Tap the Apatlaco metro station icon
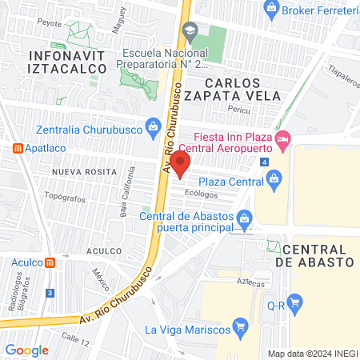18,149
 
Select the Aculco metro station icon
50,262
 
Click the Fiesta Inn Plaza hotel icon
282,141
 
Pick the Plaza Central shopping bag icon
274,178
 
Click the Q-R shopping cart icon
296,302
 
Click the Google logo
27,350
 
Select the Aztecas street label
250,282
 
